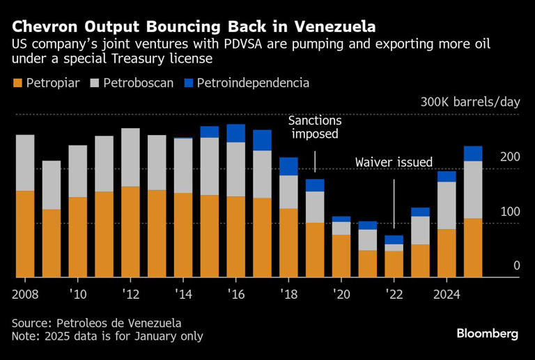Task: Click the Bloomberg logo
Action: click(x=487, y=334)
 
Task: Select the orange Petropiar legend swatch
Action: click(x=17, y=84)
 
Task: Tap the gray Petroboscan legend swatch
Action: click(x=94, y=84)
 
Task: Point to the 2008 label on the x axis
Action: click(x=25, y=293)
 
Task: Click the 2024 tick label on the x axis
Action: click(x=447, y=293)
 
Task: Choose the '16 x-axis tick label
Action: click(x=235, y=293)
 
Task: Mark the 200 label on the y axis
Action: click(x=510, y=158)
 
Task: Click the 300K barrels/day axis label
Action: click(x=470, y=102)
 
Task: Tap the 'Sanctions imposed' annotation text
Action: click(x=314, y=127)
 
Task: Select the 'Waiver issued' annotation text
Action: click(x=394, y=162)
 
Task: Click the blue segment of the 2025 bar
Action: click(x=474, y=153)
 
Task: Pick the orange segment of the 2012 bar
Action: click(x=130, y=232)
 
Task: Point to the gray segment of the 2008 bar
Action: click(x=25, y=162)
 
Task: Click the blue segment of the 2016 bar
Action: click(x=236, y=133)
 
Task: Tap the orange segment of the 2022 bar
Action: click(x=394, y=264)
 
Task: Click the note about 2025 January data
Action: click(x=107, y=336)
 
